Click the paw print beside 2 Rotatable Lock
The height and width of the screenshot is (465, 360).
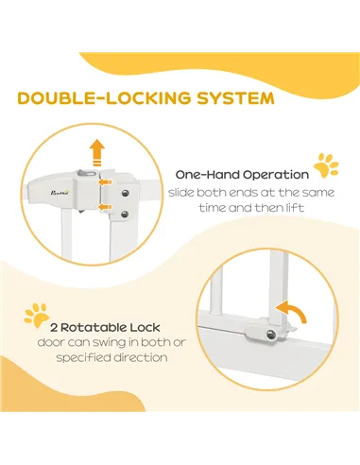(37, 313)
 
